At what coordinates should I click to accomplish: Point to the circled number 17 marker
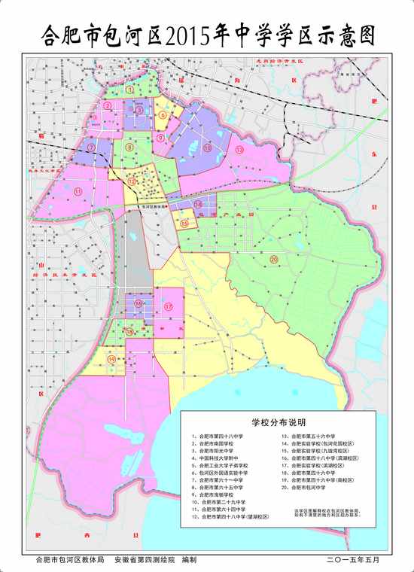pos(169,307)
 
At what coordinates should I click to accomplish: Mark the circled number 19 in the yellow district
pos(112,361)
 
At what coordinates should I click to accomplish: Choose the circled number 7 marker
pos(91,148)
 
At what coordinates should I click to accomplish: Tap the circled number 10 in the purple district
pos(130,148)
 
